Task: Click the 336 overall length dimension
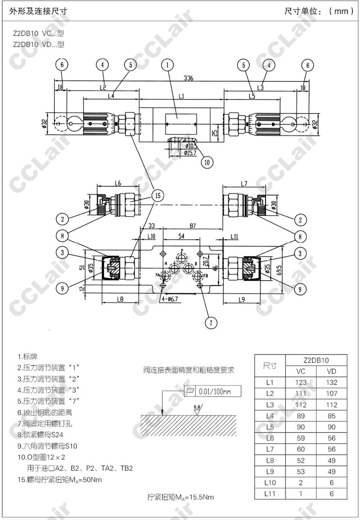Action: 189,78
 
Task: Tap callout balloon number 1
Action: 168,65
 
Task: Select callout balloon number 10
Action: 206,162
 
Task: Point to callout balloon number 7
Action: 211,322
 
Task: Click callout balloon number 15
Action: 157,196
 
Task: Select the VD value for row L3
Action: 331,405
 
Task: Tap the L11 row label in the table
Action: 270,493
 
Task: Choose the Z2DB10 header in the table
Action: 316,360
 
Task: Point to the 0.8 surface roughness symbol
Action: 197,409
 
